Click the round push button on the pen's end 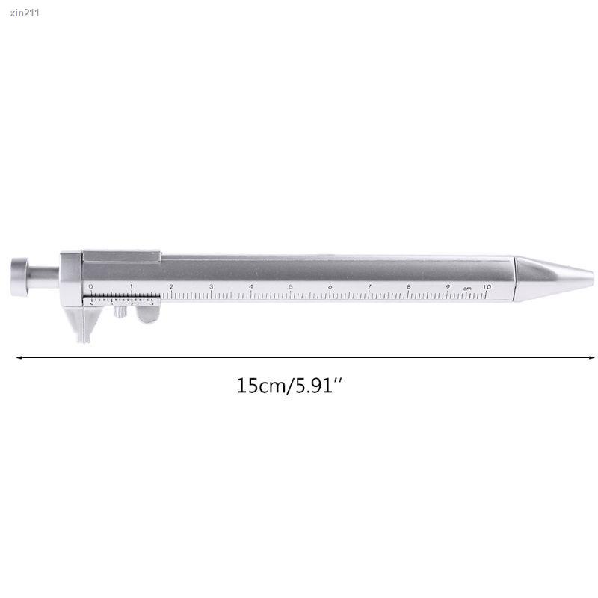point(20,272)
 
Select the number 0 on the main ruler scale point(90,286)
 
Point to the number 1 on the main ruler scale point(131,286)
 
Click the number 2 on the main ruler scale point(171,286)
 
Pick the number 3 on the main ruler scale point(211,286)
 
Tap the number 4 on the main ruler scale point(250,286)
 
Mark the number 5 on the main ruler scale point(290,286)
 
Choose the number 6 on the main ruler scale point(330,286)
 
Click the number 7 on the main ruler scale point(369,286)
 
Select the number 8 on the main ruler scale point(409,286)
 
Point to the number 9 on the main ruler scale point(448,286)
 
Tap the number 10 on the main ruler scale point(487,286)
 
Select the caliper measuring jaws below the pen point(84,325)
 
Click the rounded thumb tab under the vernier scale point(149,314)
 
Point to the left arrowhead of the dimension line point(19,357)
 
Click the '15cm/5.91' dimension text point(289,386)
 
